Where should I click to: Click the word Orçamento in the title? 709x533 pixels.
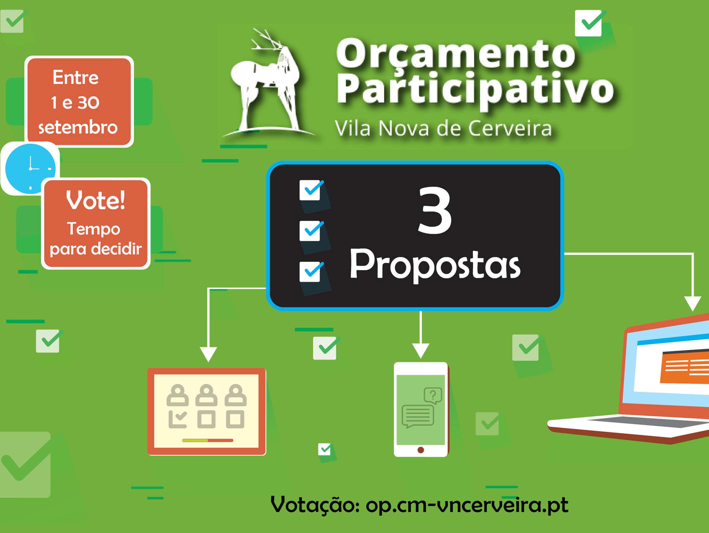pyautogui.click(x=456, y=53)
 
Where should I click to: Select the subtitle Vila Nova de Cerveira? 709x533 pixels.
pyautogui.click(x=443, y=129)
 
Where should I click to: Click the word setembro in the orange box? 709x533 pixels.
pyautogui.click(x=78, y=128)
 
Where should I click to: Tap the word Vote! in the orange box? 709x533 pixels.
pyautogui.click(x=96, y=201)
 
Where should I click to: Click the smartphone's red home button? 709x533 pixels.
pyautogui.click(x=421, y=450)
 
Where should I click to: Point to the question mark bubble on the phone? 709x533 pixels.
pyautogui.click(x=433, y=395)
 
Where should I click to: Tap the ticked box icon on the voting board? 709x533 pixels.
pyautogui.click(x=178, y=419)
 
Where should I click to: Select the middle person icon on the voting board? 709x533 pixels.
pyautogui.click(x=206, y=395)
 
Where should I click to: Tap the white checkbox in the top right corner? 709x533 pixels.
pyautogui.click(x=588, y=23)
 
